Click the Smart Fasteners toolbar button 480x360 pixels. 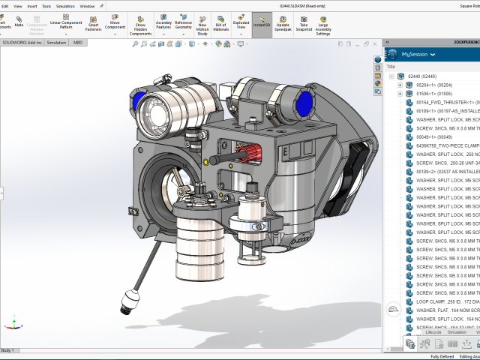94,25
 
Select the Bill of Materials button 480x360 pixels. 220,25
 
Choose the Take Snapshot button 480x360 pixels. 304,25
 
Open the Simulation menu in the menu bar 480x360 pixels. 66,5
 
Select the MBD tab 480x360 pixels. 78,43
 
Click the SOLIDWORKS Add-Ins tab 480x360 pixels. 22,43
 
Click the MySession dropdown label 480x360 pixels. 415,55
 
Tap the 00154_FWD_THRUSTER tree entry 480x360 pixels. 445,102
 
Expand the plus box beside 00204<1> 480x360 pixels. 400,85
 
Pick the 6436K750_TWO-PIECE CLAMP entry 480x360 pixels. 445,145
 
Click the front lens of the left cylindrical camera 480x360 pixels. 151,106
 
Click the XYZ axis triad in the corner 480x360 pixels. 13,322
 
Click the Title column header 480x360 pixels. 391,66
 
